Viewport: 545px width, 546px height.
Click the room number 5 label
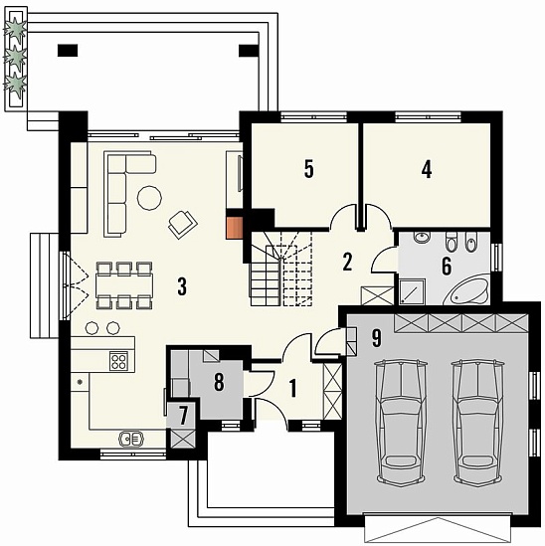click(x=309, y=169)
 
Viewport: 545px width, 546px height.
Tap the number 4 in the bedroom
click(x=427, y=169)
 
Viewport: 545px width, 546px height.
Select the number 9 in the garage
click(x=377, y=338)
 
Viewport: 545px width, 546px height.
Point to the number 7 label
click(x=184, y=416)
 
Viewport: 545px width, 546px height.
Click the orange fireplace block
click(x=234, y=228)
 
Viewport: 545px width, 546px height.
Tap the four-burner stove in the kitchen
click(x=118, y=361)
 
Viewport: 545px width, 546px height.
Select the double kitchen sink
click(x=131, y=439)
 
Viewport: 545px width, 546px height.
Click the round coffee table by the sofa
click(x=149, y=198)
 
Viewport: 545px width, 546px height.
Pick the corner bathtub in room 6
click(x=466, y=289)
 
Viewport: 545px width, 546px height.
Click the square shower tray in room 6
click(x=413, y=291)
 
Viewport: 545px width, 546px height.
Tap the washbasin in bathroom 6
click(x=422, y=237)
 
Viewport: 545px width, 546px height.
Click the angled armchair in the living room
click(x=183, y=224)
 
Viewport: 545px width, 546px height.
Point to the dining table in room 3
click(x=124, y=285)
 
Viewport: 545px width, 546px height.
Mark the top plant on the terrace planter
click(x=15, y=28)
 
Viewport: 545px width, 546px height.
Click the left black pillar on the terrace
click(x=68, y=51)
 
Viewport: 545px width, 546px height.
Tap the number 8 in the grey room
click(x=219, y=382)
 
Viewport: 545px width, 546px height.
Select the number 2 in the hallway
click(x=347, y=262)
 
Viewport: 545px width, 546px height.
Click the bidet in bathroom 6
click(x=470, y=242)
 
